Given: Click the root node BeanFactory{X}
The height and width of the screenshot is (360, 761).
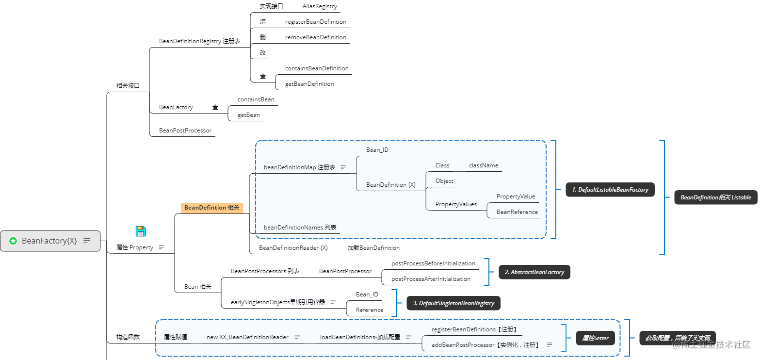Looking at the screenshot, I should coord(50,241).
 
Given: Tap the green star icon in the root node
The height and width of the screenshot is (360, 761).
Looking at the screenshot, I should coord(13,241).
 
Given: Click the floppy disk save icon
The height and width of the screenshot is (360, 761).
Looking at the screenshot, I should coord(141,231).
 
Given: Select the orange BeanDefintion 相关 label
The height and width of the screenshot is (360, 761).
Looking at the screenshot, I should coord(211,208).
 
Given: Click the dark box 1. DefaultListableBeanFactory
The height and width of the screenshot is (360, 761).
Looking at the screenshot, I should coord(610,190).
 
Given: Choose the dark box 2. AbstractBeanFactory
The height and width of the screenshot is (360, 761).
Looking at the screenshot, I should coord(534,272).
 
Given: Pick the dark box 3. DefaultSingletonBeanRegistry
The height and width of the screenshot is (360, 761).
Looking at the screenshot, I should coord(453,303).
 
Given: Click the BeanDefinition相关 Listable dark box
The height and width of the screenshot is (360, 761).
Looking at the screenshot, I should coord(715,197).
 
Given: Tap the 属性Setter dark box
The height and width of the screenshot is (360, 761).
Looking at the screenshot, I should coord(595,338).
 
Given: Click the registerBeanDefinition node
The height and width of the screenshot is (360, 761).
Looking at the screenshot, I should coord(315,22).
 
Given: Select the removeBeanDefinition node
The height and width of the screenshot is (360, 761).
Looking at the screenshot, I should coord(315,37).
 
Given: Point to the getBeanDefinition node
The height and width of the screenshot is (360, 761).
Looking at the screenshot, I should coord(309,84).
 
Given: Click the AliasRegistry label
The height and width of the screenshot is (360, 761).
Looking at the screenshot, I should coord(320,6).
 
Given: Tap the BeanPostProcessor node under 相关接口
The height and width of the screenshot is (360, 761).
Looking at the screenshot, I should coord(185,131).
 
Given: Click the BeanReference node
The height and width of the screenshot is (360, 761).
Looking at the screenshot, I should coord(517,212).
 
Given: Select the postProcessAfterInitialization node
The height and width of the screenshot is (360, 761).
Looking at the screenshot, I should coord(431,279).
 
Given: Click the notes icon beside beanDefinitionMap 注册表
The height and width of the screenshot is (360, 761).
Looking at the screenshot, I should coord(343,167).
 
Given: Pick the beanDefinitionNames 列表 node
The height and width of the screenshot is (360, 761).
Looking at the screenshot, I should coord(300,228).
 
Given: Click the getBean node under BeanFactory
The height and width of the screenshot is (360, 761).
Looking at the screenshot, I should coord(248,115).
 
